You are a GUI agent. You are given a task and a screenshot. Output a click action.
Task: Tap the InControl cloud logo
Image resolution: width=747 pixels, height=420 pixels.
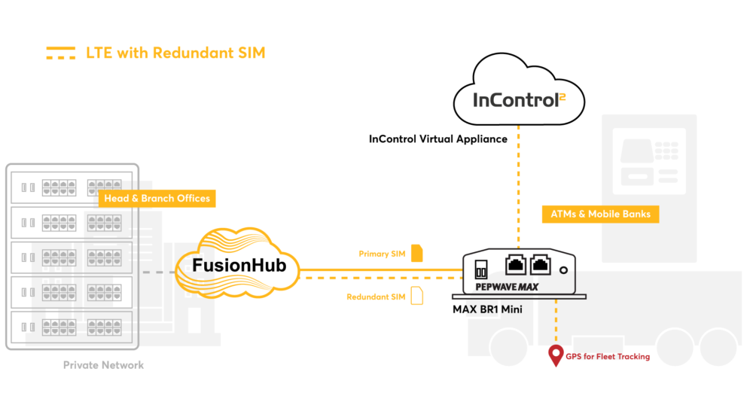(519, 90)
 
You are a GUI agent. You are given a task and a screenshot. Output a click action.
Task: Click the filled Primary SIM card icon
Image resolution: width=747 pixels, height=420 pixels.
(417, 254)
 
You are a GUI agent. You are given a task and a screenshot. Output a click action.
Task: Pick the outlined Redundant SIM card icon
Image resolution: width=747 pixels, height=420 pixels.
(417, 296)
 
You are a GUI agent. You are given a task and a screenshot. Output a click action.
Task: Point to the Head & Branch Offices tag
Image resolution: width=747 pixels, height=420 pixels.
(157, 199)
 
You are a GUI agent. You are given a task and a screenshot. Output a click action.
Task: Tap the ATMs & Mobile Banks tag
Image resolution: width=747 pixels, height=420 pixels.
(600, 215)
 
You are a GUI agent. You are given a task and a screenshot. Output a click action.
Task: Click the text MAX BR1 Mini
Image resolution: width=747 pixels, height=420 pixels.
(487, 309)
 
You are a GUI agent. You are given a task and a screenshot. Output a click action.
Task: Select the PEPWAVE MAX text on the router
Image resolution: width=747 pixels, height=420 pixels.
(507, 287)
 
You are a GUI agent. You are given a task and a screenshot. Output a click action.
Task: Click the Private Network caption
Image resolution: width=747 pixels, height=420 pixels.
(103, 365)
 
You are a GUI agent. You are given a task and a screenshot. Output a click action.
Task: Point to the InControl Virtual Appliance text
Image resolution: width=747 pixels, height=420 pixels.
(438, 139)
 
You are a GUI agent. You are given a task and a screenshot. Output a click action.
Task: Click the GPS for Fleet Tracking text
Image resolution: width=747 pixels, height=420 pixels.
(608, 357)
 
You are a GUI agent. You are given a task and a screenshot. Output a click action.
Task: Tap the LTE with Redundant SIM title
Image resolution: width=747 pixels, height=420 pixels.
(175, 53)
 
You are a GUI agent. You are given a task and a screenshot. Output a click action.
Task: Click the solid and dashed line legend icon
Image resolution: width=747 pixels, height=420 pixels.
(60, 53)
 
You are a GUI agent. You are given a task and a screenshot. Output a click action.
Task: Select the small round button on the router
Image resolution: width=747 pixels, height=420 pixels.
(563, 270)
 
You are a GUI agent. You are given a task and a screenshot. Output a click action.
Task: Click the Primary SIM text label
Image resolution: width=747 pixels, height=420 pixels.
(382, 254)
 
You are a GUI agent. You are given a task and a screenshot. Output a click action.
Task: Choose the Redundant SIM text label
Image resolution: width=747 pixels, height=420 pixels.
(376, 297)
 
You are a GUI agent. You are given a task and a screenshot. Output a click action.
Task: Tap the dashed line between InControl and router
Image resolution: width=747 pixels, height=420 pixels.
(518, 187)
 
